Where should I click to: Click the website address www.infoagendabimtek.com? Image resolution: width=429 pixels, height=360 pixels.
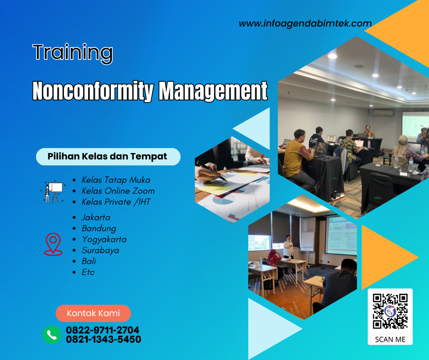pyautogui.click(x=305, y=23)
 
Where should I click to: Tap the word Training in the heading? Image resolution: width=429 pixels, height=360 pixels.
pyautogui.click(x=73, y=53)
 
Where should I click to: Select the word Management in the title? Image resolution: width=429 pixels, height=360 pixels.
pyautogui.click(x=213, y=91)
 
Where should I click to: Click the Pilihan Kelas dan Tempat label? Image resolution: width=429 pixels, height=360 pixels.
pyautogui.click(x=108, y=157)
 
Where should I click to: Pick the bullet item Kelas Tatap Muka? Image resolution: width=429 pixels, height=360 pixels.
pyautogui.click(x=116, y=180)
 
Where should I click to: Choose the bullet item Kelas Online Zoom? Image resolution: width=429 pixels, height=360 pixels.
pyautogui.click(x=118, y=191)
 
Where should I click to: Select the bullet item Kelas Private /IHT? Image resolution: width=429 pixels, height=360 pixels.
pyautogui.click(x=116, y=202)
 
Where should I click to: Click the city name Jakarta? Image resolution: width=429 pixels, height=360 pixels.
pyautogui.click(x=96, y=217)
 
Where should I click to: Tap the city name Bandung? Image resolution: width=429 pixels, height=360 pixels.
pyautogui.click(x=99, y=228)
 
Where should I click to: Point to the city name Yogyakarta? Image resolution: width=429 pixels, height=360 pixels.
pyautogui.click(x=104, y=239)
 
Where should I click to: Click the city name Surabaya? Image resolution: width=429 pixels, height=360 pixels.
pyautogui.click(x=100, y=250)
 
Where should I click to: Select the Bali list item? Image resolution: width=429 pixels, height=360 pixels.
pyautogui.click(x=89, y=261)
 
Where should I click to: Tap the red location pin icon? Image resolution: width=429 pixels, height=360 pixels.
pyautogui.click(x=53, y=244)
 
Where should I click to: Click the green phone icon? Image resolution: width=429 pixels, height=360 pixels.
pyautogui.click(x=52, y=335)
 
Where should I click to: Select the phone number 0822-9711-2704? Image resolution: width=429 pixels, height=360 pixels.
pyautogui.click(x=103, y=330)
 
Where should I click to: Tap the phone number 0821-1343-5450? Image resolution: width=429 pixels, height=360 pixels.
pyautogui.click(x=104, y=339)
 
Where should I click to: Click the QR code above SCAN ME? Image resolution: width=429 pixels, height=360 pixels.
pyautogui.click(x=390, y=311)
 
